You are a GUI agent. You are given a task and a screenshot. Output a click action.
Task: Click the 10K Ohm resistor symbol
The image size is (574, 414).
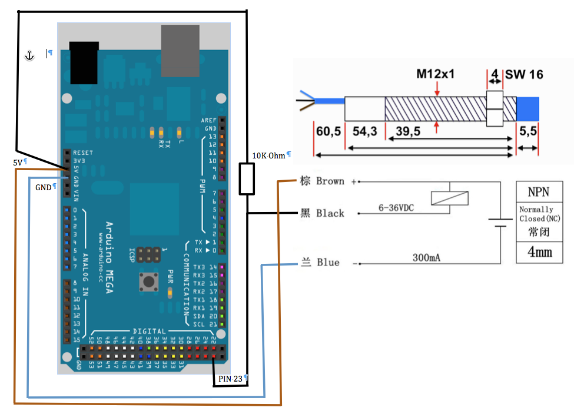point(247,179)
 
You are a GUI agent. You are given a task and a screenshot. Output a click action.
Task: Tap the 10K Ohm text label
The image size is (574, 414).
point(268,155)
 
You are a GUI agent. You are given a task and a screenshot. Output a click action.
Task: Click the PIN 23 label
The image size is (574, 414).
point(230,379)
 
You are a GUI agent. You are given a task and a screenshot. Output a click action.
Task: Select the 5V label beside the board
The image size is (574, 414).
point(18,161)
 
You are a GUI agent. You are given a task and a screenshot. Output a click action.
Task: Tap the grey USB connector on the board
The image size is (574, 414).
point(180,51)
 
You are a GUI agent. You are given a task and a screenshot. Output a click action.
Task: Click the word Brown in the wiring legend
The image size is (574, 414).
point(330,181)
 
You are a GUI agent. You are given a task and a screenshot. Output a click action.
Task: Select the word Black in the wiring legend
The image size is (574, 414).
point(330,213)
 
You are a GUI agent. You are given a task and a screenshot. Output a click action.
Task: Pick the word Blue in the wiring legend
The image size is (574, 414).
point(328,262)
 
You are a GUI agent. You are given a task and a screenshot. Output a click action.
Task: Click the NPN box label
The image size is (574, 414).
point(539,191)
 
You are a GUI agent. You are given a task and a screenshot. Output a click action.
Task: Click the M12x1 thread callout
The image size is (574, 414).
point(436,75)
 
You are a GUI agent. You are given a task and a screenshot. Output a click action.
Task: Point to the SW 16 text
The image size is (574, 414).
point(524,75)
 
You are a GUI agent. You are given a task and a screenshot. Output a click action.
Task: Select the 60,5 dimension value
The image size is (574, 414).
point(329,131)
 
